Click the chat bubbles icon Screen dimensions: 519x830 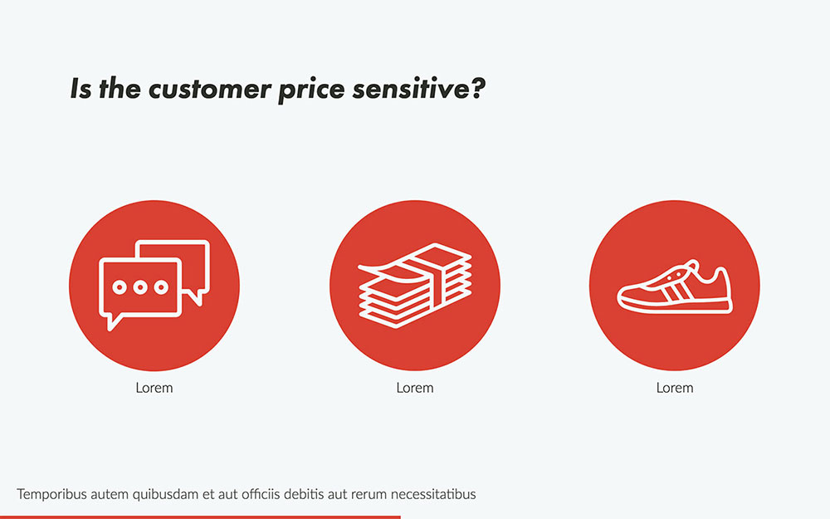pyautogui.click(x=154, y=285)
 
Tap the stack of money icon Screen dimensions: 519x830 pyautogui.click(x=414, y=285)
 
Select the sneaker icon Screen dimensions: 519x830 pyautogui.click(x=674, y=288)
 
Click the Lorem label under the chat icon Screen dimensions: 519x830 pyautogui.click(x=154, y=388)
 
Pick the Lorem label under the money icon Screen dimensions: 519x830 pyautogui.click(x=414, y=388)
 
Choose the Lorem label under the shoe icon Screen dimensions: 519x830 pyautogui.click(x=674, y=388)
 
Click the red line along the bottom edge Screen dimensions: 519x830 pyautogui.click(x=199, y=517)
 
